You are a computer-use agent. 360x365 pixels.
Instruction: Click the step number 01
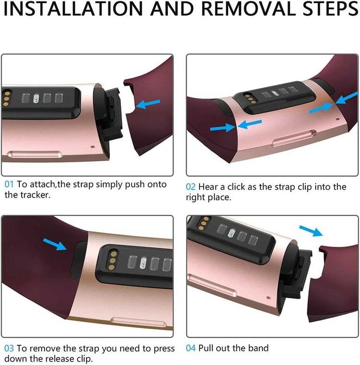point(9,185)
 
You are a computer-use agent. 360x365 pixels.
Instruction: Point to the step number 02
point(191,187)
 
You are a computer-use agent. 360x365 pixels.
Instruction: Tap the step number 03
point(9,347)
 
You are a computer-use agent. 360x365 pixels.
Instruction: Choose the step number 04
point(191,348)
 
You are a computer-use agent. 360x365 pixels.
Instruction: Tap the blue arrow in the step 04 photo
point(311,231)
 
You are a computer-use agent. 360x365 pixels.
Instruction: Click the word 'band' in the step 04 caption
point(258,348)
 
